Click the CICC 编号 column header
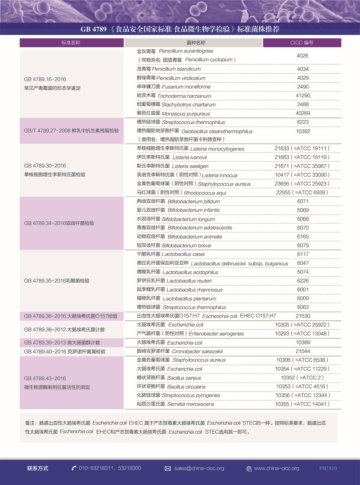pyautogui.click(x=302, y=43)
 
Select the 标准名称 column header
pyautogui.click(x=71, y=43)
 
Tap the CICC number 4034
pyautogui.click(x=302, y=69)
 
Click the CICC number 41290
pyautogui.click(x=302, y=96)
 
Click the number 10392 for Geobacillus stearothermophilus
pyautogui.click(x=303, y=131)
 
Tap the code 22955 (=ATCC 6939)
pyautogui.click(x=302, y=192)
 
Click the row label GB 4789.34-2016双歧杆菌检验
pyautogui.click(x=59, y=223)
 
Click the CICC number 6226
pyautogui.click(x=303, y=281)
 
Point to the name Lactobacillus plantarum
pyautogui.click(x=190, y=299)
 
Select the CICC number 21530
pyautogui.click(x=303, y=316)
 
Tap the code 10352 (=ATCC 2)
pyautogui.click(x=302, y=377)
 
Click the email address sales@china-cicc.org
pyautogui.click(x=199, y=468)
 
